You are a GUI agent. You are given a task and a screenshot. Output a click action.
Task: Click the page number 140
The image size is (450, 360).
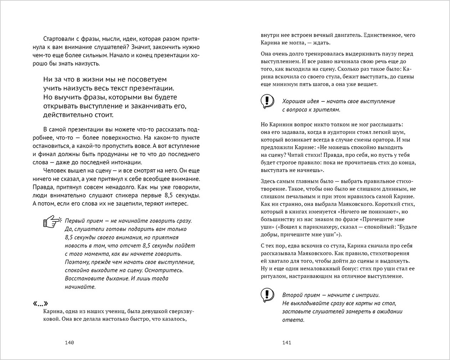(69, 343)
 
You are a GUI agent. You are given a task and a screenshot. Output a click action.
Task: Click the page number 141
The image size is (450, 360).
(287, 343)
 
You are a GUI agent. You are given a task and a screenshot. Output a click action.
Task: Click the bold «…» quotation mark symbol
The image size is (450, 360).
(40, 304)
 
